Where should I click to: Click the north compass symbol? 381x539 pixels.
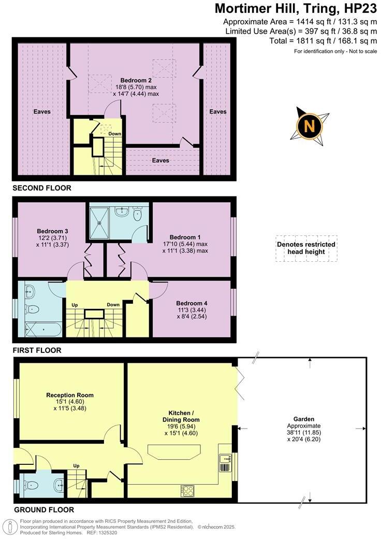point(309,125)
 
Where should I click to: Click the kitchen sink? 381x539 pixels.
point(225,458)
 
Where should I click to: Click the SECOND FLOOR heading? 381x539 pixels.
point(42,188)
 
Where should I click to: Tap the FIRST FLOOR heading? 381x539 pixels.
point(37,350)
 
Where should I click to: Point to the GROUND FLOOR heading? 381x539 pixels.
point(43,509)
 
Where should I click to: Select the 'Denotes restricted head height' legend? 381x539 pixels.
point(306,248)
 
